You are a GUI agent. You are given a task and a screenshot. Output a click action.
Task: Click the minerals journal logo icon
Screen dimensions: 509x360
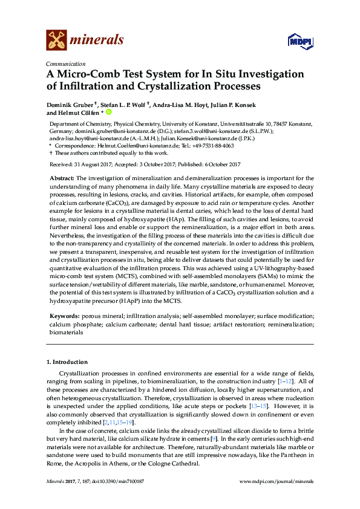pyautogui.click(x=56, y=40)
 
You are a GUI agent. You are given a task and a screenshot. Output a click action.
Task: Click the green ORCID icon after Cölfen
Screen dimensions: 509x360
pyautogui.click(x=110, y=112)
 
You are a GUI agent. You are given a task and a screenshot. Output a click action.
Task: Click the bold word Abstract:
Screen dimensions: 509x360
pyautogui.click(x=61, y=178)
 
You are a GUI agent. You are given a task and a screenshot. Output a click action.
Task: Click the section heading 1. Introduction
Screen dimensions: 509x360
pyautogui.click(x=68, y=361)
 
